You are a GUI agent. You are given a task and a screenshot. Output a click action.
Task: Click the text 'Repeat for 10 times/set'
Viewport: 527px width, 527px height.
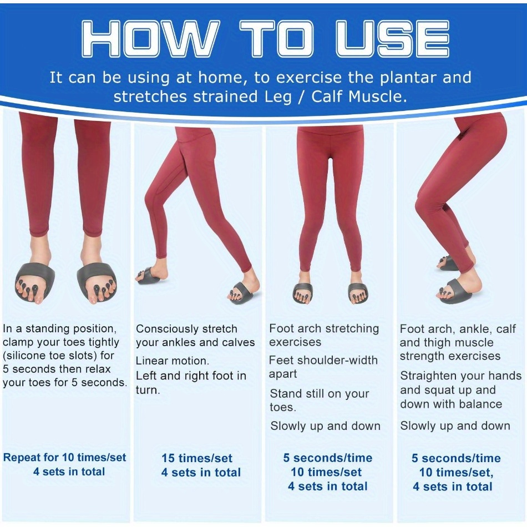pos(64,458)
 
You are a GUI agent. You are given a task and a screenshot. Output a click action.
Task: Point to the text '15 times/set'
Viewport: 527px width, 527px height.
pos(197,458)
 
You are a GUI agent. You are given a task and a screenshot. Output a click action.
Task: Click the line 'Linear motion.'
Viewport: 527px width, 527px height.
pos(173,361)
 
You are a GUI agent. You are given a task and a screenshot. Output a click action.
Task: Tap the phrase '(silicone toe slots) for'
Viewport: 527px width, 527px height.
pos(58,356)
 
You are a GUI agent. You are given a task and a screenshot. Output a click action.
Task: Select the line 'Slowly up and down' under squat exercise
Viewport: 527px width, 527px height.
pos(455,426)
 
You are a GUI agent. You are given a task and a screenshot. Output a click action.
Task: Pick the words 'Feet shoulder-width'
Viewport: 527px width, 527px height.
pos(323,360)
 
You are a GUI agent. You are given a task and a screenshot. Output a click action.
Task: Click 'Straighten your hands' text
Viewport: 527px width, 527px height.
pos(461,376)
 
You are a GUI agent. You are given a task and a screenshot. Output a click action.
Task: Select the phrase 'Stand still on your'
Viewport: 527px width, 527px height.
pos(320,393)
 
